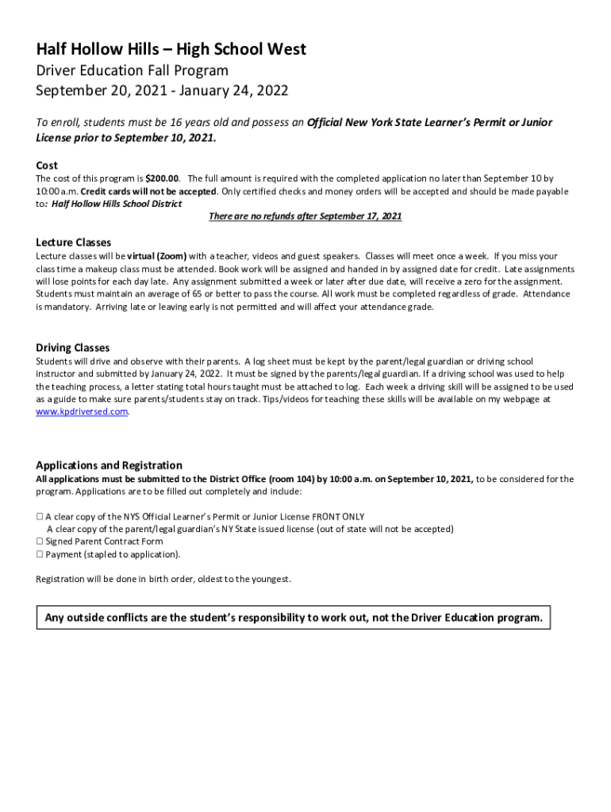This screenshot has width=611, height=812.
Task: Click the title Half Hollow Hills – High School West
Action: [171, 50]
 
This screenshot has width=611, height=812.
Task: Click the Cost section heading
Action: [47, 166]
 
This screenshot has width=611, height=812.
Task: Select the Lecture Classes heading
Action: [73, 242]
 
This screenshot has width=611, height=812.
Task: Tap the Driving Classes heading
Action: [72, 347]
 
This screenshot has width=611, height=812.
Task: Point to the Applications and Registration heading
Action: [109, 465]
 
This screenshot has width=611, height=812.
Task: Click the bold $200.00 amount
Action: [163, 178]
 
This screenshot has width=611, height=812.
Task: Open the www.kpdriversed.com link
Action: [82, 412]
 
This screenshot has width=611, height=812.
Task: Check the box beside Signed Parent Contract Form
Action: [40, 542]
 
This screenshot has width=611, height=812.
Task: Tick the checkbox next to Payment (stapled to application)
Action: [40, 554]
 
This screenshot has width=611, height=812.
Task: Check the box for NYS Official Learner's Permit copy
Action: [40, 516]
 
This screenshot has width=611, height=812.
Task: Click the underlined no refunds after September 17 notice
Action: [305, 216]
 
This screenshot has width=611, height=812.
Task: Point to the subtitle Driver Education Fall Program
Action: [132, 71]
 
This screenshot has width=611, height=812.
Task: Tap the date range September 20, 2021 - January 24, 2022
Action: [162, 90]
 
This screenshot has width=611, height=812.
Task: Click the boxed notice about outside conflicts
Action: [294, 618]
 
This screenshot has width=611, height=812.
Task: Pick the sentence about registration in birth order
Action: [163, 579]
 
